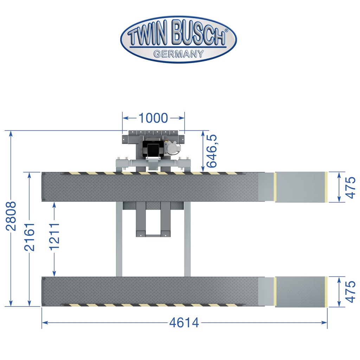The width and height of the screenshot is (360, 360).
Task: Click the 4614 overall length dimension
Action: [x=184, y=323]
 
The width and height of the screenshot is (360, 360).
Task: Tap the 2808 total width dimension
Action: [x=11, y=216]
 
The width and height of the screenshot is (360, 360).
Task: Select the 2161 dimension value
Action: [x=30, y=237]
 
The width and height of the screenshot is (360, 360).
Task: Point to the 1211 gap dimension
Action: [x=54, y=236]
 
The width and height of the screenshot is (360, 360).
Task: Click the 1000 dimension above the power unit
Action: [x=153, y=118]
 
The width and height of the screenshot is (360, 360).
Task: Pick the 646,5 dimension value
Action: [x=211, y=151]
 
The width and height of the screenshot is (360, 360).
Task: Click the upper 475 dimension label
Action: [x=350, y=187]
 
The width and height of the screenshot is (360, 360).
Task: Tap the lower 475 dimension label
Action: [x=350, y=291]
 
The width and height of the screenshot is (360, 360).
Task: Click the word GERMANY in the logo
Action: [x=178, y=54]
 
